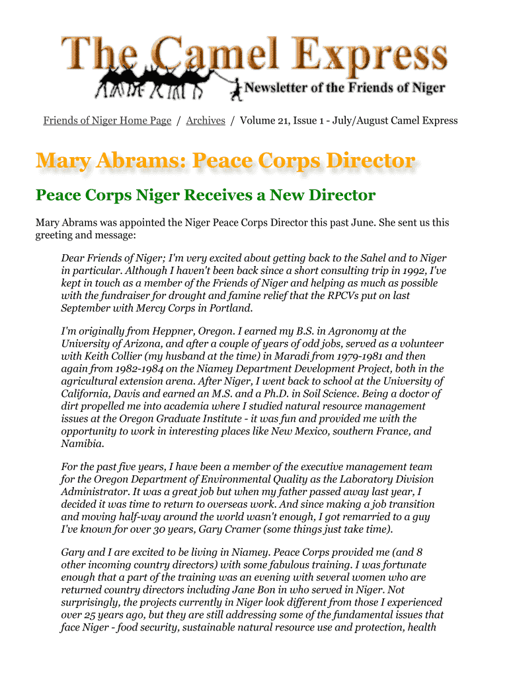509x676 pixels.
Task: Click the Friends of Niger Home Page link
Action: point(107,120)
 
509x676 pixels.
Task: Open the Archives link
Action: point(206,120)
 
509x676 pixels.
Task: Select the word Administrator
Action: point(95,492)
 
